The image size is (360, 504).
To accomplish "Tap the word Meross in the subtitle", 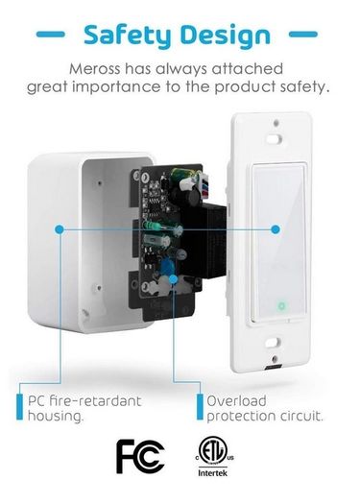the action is coord(95,69).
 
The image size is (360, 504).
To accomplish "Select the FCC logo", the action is coord(140,456).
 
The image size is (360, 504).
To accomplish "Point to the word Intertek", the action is coord(212,473).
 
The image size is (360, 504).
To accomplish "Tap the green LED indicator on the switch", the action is coord(281,305).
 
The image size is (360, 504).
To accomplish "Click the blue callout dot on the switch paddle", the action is coord(276,229).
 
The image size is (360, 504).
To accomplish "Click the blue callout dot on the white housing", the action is coord(60,229).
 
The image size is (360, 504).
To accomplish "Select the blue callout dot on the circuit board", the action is coord(173,279).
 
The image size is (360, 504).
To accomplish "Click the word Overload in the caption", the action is coord(236,401).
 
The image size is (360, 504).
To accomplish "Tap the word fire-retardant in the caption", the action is coord(95,401).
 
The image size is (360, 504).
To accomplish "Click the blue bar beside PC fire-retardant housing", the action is coord(19,407).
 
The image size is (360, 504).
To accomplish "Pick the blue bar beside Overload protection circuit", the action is coord(200,407).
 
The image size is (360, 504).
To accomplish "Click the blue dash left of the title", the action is coord(51,34).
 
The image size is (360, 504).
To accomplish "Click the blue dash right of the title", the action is coord(303,34).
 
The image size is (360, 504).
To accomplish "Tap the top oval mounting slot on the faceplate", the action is coord(274,139).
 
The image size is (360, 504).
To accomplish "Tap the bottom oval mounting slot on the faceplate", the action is coord(274,343).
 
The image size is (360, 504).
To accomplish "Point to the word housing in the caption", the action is coord(55,416).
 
